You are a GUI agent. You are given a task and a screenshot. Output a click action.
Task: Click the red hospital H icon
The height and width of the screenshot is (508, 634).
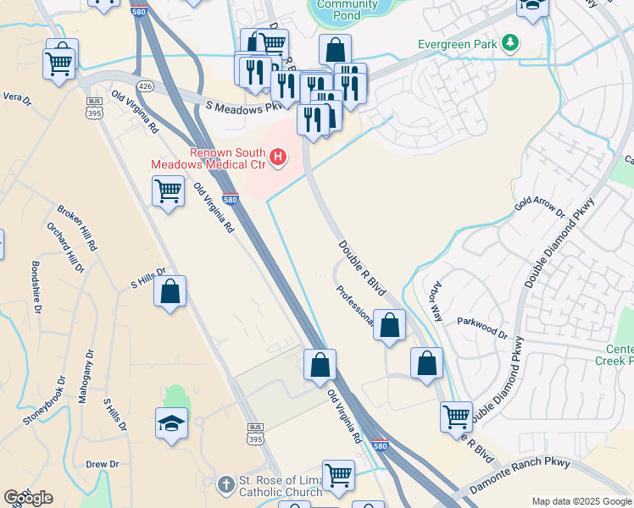tap(277, 156)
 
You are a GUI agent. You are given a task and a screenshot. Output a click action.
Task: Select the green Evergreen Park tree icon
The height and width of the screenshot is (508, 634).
tap(509, 41)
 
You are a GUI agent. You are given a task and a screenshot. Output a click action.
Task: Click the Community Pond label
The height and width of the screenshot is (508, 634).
tap(348, 9)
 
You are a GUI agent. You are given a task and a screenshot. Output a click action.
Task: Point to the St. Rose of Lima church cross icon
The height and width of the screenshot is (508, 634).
tap(225, 485)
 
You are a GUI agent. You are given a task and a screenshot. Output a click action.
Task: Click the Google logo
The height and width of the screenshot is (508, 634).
tap(28, 498)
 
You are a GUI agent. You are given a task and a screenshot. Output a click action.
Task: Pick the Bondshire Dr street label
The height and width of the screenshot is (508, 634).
tap(36, 288)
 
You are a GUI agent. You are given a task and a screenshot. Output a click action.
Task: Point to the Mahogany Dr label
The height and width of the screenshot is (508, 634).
tap(85, 376)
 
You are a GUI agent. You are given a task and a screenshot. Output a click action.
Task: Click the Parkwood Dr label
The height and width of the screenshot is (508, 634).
tap(482, 328)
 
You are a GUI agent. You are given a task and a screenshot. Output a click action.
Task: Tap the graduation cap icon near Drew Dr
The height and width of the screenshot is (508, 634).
tap(171, 422)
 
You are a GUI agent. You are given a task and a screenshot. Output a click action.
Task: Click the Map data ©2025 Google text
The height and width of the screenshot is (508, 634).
tap(581, 501)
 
